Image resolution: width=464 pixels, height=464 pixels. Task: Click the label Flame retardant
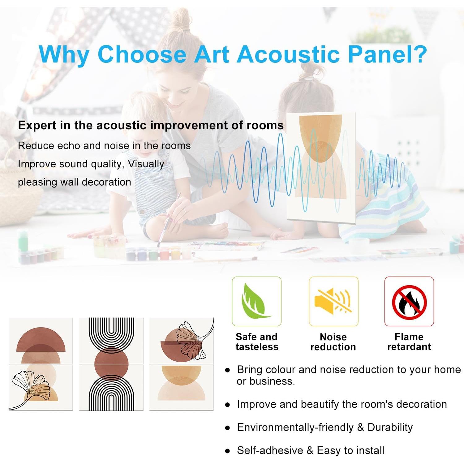point(409,342)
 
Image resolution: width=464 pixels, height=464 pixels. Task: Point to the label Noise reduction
point(333,342)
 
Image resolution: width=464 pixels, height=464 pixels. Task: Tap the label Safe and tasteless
point(257,342)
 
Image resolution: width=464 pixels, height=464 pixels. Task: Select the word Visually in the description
point(146,164)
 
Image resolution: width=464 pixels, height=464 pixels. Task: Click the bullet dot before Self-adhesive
point(228,451)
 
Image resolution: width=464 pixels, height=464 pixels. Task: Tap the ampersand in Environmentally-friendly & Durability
point(360,427)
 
